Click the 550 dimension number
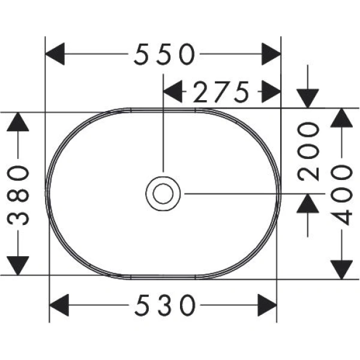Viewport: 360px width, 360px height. click(164, 56)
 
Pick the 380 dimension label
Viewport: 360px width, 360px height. click(19, 194)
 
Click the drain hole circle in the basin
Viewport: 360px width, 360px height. click(162, 193)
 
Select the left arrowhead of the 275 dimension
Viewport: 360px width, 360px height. click(173, 92)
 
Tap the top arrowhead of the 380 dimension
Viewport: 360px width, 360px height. click(19, 122)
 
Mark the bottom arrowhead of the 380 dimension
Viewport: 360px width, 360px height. click(19, 265)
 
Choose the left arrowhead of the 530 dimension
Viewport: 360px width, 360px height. click(59, 306)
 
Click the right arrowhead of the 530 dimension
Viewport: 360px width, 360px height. click(267, 306)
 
